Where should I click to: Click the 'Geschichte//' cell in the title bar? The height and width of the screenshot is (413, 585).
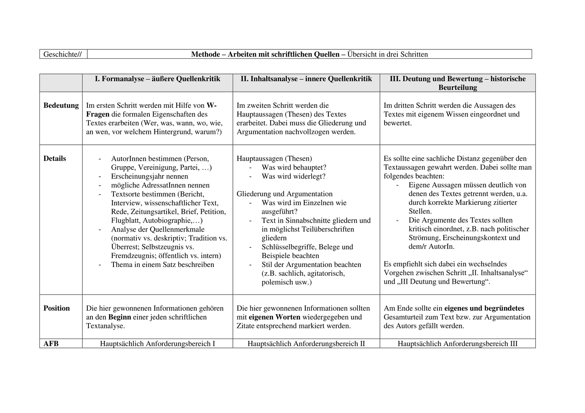[x=62, y=54]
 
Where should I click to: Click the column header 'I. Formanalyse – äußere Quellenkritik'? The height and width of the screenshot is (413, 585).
[x=158, y=79]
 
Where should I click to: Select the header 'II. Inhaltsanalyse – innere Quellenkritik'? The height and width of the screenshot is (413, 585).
[x=306, y=79]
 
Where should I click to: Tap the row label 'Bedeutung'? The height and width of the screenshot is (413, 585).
[x=61, y=105]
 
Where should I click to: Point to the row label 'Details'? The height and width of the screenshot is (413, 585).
[x=55, y=158]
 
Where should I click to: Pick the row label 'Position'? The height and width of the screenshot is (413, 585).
[x=57, y=308]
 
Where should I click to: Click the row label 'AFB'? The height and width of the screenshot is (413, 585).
[x=51, y=344]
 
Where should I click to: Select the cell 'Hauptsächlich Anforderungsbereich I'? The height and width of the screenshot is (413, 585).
[x=158, y=344]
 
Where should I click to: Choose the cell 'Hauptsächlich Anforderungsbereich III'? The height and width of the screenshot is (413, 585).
[x=457, y=344]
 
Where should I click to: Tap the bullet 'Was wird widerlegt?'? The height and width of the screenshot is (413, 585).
[x=293, y=176]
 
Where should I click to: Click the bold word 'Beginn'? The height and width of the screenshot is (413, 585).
[x=119, y=317]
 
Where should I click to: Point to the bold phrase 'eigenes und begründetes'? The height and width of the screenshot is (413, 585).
[x=484, y=308]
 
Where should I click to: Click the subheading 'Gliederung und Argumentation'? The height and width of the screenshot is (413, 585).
[x=285, y=194]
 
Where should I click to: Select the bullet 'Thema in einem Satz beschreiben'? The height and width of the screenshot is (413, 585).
[x=163, y=265]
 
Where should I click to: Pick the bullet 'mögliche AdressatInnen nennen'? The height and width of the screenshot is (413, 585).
[x=160, y=185]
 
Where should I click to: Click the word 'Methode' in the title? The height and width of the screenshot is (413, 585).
[x=206, y=54]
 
